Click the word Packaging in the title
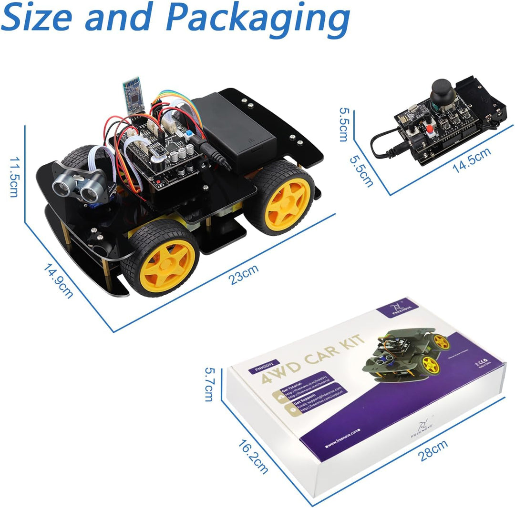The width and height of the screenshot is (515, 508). pyautogui.click(x=260, y=18)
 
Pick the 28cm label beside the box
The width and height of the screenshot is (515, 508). pyautogui.click(x=433, y=450)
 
